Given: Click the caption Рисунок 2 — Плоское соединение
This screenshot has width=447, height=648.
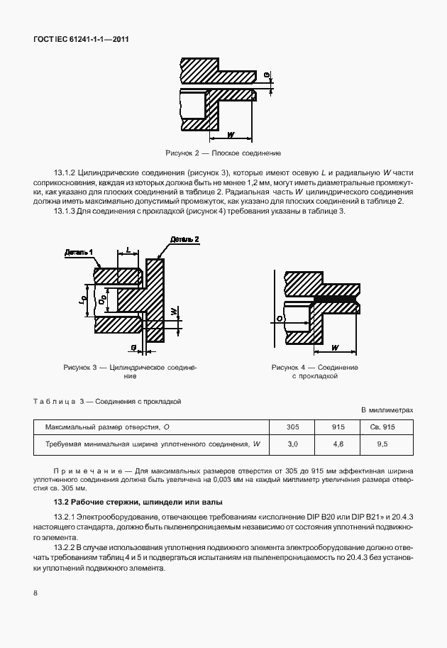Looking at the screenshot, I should pos(223,153).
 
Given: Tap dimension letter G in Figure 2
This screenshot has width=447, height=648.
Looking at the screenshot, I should pos(267,75).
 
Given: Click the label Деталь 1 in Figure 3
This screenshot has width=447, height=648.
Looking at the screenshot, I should pos(79,252).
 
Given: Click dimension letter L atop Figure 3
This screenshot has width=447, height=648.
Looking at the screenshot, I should pos(128,251).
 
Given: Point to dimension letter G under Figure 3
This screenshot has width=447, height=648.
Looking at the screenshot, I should pos(133,346).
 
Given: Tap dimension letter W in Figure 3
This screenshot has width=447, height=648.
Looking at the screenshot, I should pos(175,311).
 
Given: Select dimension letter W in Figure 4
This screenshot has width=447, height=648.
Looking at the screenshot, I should pos(334,347).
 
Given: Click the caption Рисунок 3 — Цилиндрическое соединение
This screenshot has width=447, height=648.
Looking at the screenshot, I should pos(129,371).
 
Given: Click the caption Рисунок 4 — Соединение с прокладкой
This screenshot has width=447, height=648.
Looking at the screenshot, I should pos(314,371).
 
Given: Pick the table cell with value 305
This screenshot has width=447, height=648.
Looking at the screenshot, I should pos(292,427).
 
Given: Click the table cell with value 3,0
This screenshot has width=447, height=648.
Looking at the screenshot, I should pos(292,444).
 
